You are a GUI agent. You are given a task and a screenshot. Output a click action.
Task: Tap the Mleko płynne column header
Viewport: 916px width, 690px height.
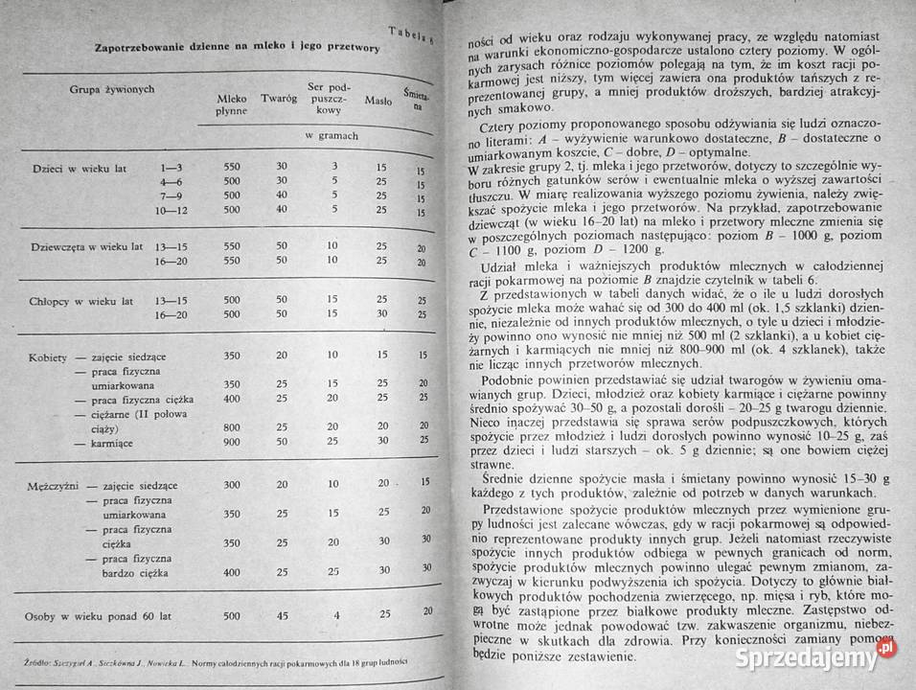(x=231, y=104)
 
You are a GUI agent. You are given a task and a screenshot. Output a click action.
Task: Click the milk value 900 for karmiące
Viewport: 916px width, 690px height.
(x=231, y=442)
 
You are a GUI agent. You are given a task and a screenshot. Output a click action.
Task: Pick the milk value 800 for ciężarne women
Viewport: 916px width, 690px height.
(x=231, y=426)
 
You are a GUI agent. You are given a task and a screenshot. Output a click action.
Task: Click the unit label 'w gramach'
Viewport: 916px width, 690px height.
(x=330, y=135)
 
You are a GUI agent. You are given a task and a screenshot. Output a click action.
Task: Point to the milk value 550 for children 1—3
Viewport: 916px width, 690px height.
(x=231, y=167)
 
